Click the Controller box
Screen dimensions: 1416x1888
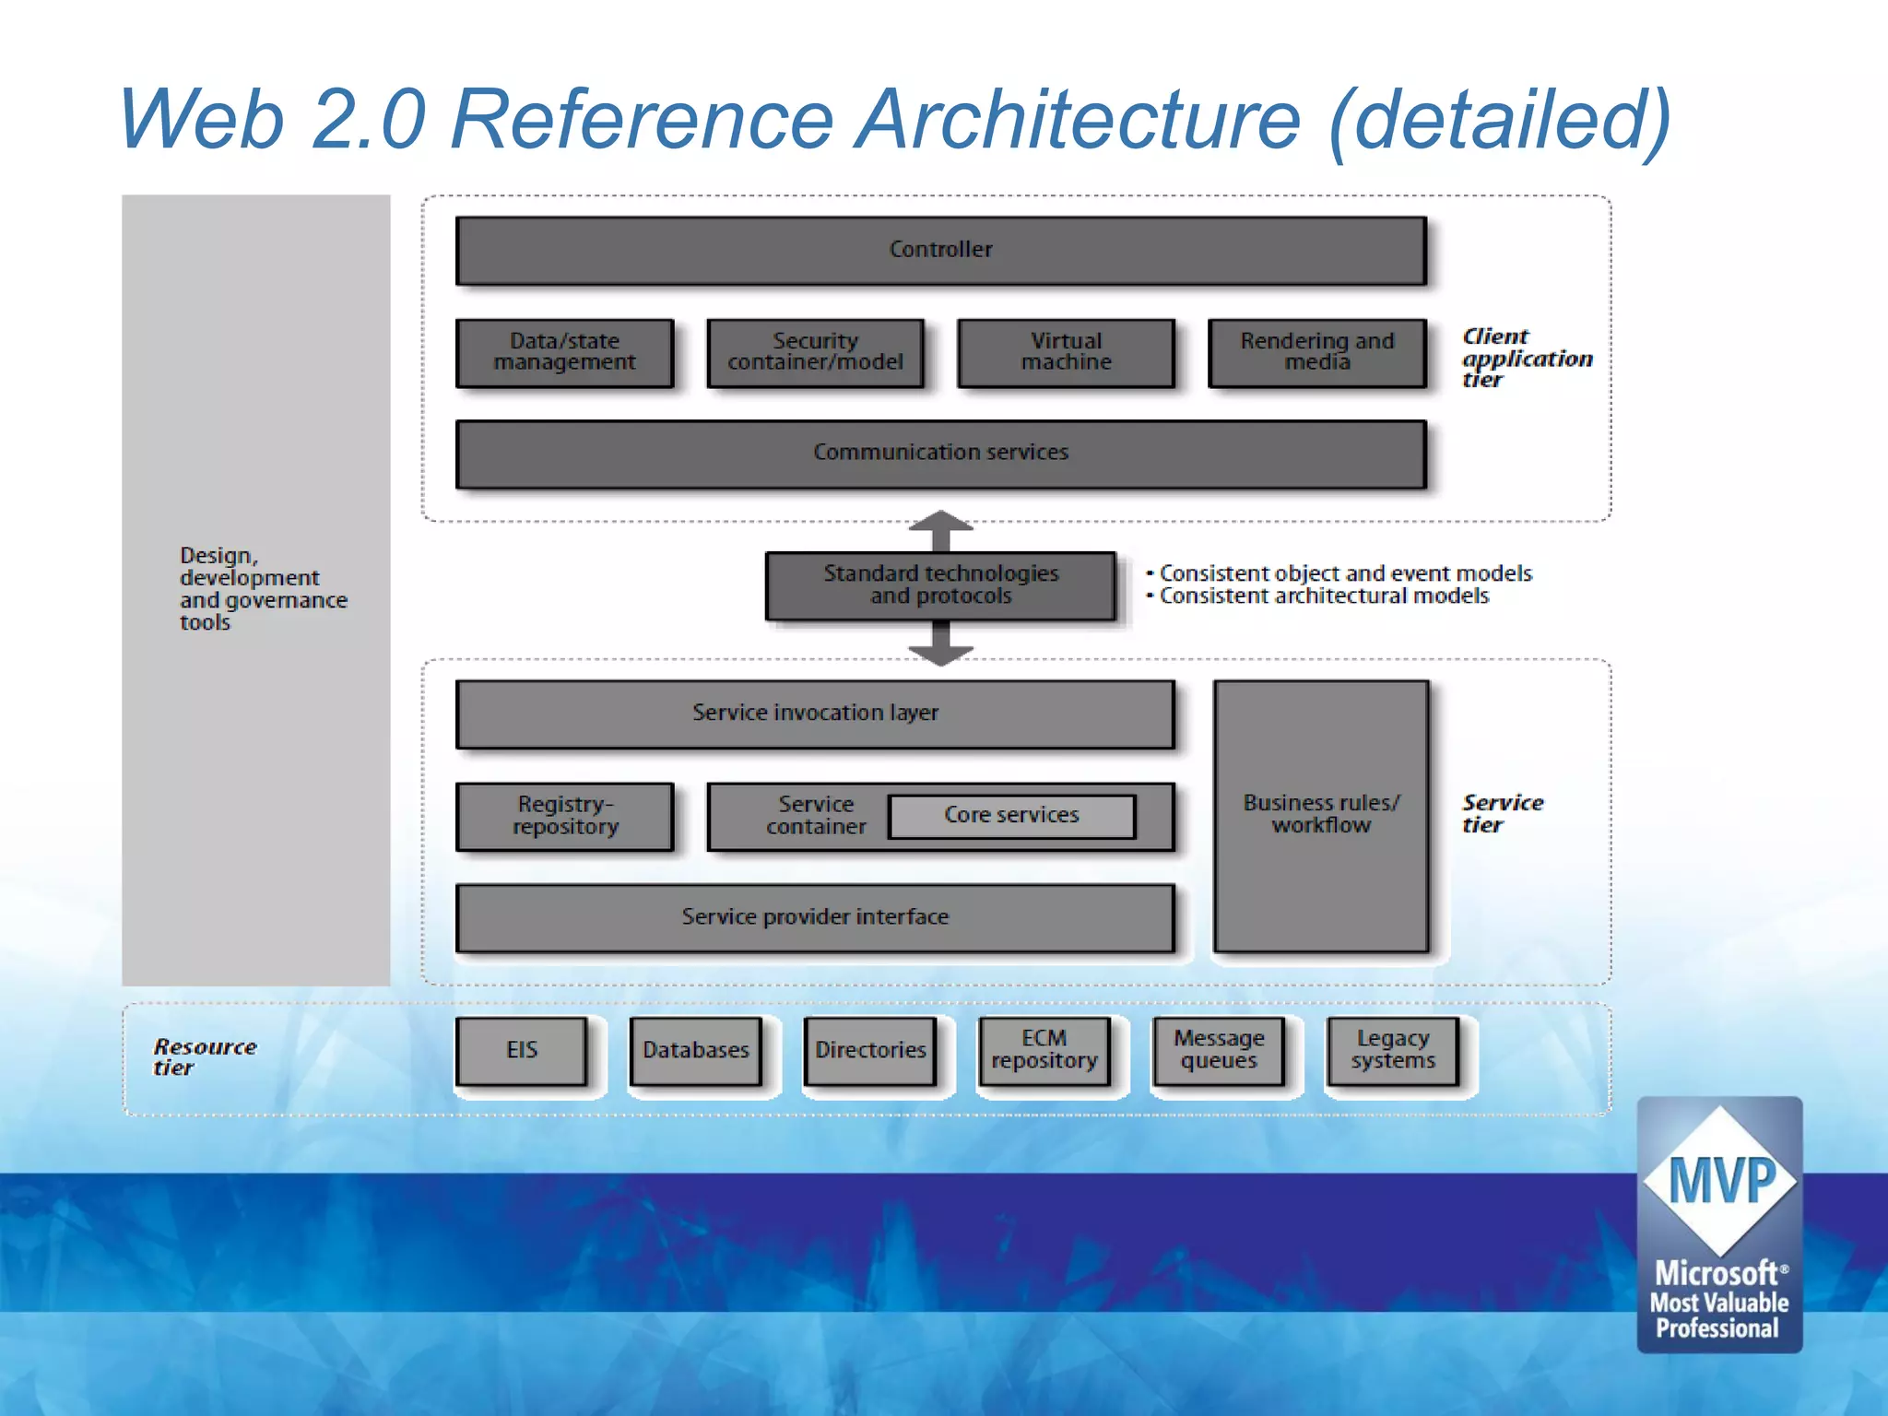pos(940,250)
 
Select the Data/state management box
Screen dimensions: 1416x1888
pos(564,352)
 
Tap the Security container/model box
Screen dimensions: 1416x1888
pos(815,352)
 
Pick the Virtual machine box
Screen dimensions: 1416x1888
pos(1066,352)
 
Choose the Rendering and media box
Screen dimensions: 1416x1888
pos(1316,352)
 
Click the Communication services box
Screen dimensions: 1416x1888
pos(940,453)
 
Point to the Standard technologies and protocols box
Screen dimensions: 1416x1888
pos(940,585)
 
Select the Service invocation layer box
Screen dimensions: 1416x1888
pos(815,714)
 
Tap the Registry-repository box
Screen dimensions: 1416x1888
pos(564,816)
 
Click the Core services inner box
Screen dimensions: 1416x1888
pos(1011,816)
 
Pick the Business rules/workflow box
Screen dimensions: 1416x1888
pos(1321,815)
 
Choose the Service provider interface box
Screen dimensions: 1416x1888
pos(815,917)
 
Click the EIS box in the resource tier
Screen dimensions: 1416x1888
pos(521,1050)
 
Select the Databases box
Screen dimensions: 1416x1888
pos(695,1050)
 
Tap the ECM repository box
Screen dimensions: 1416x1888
pos(1044,1050)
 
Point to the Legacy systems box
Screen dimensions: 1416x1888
pos(1392,1050)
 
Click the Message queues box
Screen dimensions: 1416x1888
pos(1218,1050)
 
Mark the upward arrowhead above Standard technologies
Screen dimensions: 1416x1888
pos(940,522)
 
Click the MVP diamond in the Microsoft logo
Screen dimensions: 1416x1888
pos(1720,1181)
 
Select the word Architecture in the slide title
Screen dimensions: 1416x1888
pos(1079,120)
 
